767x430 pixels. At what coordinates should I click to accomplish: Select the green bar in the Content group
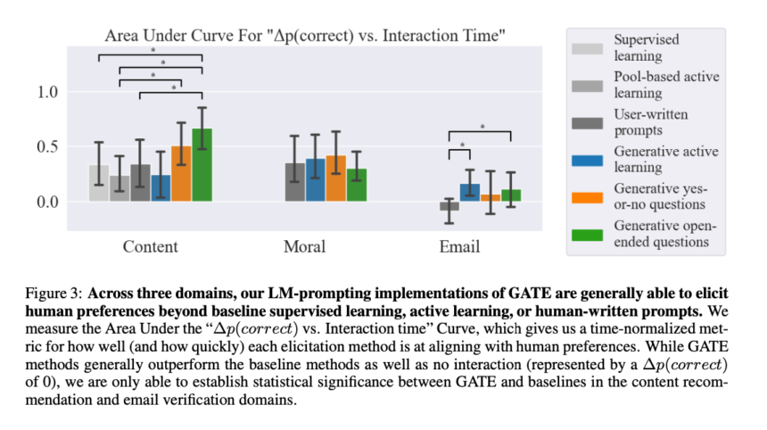pos(202,165)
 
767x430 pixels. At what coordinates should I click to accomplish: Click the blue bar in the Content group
pos(161,188)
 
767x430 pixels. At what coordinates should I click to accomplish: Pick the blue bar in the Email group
pos(470,192)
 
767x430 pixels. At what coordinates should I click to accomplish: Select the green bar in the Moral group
pos(357,185)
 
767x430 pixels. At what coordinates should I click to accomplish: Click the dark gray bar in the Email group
pos(449,206)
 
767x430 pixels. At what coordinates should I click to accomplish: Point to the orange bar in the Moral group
pos(336,178)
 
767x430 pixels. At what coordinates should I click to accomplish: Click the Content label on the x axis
pos(151,246)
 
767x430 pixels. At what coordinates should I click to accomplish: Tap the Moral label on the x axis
pos(305,246)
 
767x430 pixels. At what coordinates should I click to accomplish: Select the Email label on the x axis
pos(459,246)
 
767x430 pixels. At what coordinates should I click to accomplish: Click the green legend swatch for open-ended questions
pos(590,234)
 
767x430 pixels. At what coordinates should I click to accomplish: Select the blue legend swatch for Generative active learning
pos(590,159)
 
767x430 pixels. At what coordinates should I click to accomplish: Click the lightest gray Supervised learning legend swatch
pos(590,47)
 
